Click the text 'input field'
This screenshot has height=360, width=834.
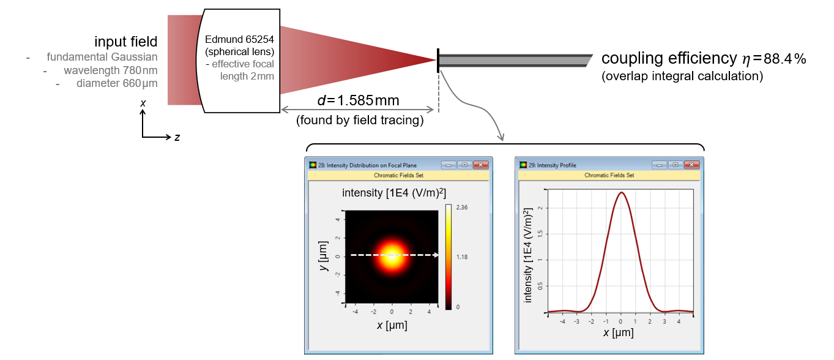click(125, 42)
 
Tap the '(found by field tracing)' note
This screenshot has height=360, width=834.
click(360, 120)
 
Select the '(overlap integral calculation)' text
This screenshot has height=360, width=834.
click(682, 77)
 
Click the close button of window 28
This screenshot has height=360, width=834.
click(480, 165)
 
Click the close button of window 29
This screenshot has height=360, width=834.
click(691, 165)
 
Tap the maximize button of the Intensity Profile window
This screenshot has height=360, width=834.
click(675, 165)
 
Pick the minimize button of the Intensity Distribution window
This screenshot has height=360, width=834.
click(449, 165)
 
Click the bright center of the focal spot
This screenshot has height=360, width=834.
click(392, 255)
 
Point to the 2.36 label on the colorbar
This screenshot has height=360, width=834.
click(462, 208)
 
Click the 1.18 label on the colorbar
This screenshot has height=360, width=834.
click(462, 257)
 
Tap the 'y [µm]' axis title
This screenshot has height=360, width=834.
click(323, 257)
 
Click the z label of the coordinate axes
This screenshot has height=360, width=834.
click(177, 138)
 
